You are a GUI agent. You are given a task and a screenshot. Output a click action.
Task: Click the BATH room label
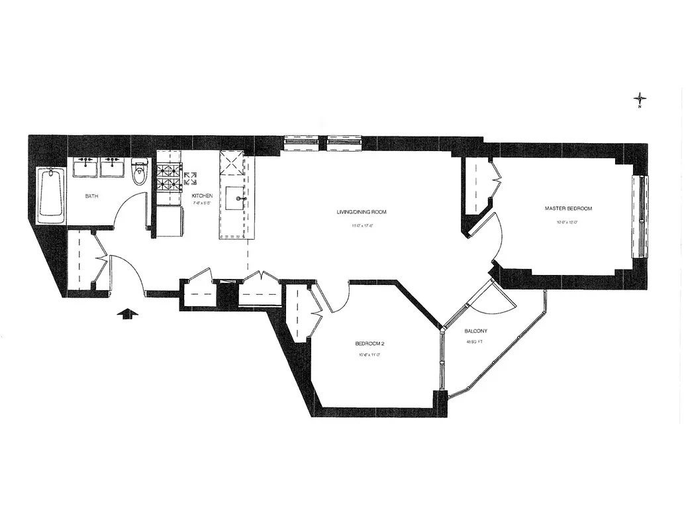(x=91, y=197)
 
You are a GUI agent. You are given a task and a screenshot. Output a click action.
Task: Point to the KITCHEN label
(x=202, y=196)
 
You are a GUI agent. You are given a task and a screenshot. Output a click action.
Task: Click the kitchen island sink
(x=236, y=198)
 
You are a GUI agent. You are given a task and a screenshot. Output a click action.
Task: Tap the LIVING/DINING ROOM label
(x=361, y=213)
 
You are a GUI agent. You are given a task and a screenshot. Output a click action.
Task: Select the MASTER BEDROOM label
(x=568, y=209)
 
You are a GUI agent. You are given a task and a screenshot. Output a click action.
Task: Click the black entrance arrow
(x=127, y=314)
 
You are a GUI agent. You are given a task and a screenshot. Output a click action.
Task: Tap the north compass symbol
(x=640, y=100)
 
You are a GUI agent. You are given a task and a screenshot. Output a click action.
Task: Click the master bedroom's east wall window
(x=640, y=216)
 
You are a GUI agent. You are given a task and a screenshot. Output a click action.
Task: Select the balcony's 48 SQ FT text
(x=475, y=343)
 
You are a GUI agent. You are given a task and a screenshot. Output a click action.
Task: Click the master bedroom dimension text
(x=568, y=222)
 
